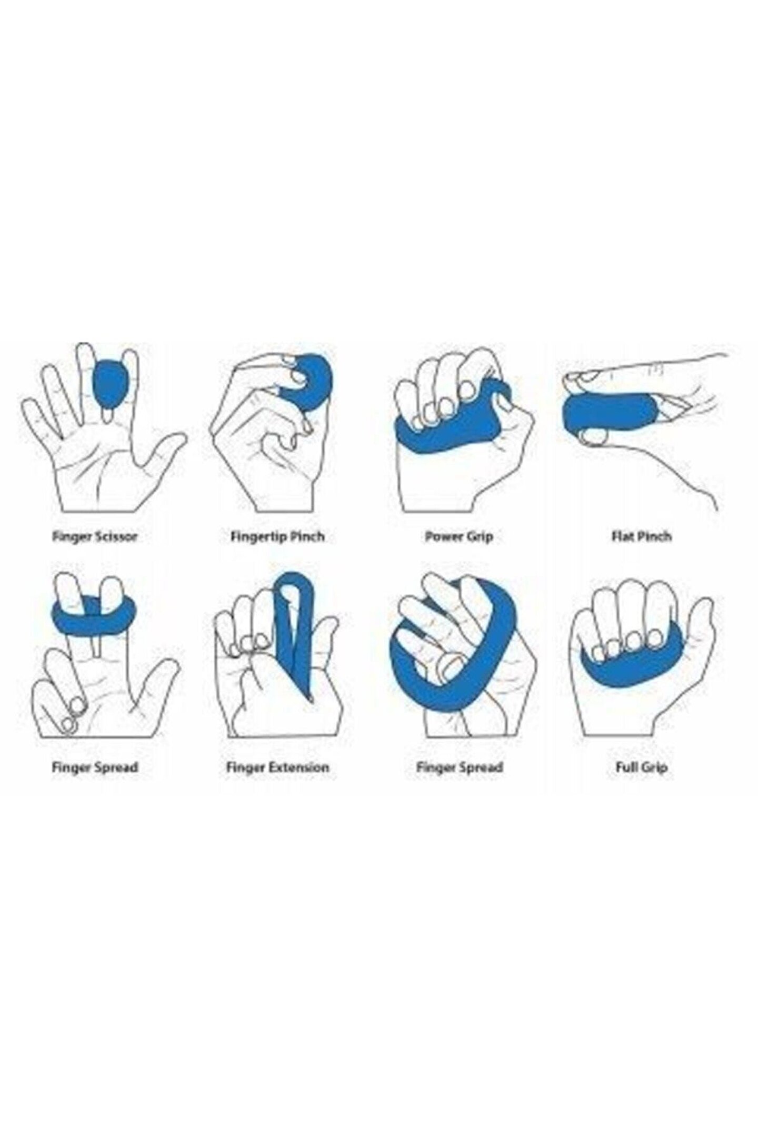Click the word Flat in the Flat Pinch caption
pyautogui.click(x=621, y=536)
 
